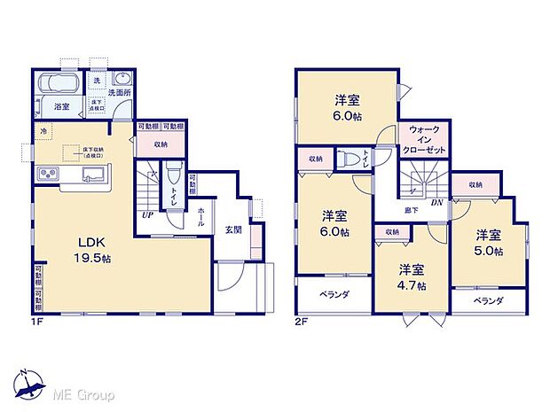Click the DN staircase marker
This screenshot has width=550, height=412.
tap(436, 202)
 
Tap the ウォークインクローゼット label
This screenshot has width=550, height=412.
tap(424, 140)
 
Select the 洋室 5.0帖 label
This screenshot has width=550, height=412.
tap(489, 242)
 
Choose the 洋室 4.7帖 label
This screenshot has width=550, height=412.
tap(411, 276)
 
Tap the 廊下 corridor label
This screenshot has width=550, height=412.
tap(412, 210)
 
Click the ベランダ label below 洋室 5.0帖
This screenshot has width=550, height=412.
tap(487, 301)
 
